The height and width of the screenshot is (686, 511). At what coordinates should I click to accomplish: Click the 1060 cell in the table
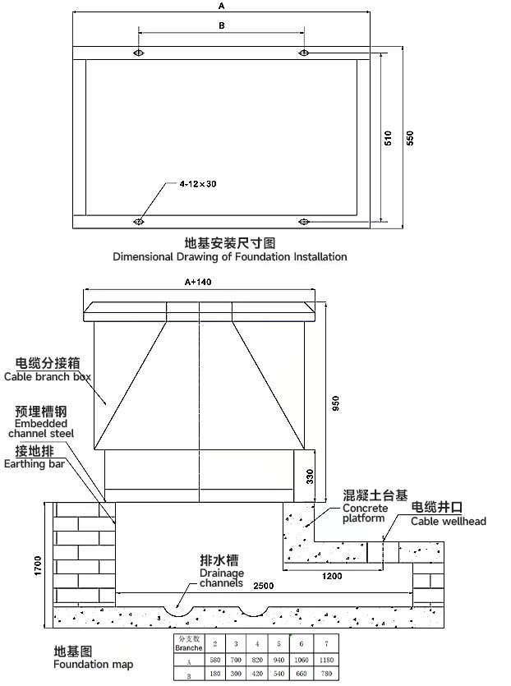301,660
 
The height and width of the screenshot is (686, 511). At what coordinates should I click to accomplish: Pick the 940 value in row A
279,660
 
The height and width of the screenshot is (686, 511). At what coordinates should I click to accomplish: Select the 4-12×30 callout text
198,184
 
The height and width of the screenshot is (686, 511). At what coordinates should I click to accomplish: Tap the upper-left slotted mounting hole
138,53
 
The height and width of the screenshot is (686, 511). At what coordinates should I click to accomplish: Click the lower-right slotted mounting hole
304,221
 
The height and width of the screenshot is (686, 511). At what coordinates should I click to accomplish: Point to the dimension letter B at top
221,25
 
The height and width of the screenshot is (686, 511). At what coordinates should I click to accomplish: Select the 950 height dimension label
334,405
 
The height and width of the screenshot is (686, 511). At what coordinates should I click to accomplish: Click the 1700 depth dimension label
38,565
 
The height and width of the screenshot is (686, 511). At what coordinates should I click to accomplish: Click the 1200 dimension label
332,576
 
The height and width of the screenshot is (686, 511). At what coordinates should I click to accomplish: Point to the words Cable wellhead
448,521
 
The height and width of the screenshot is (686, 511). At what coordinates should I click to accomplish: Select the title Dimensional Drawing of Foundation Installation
229,256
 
